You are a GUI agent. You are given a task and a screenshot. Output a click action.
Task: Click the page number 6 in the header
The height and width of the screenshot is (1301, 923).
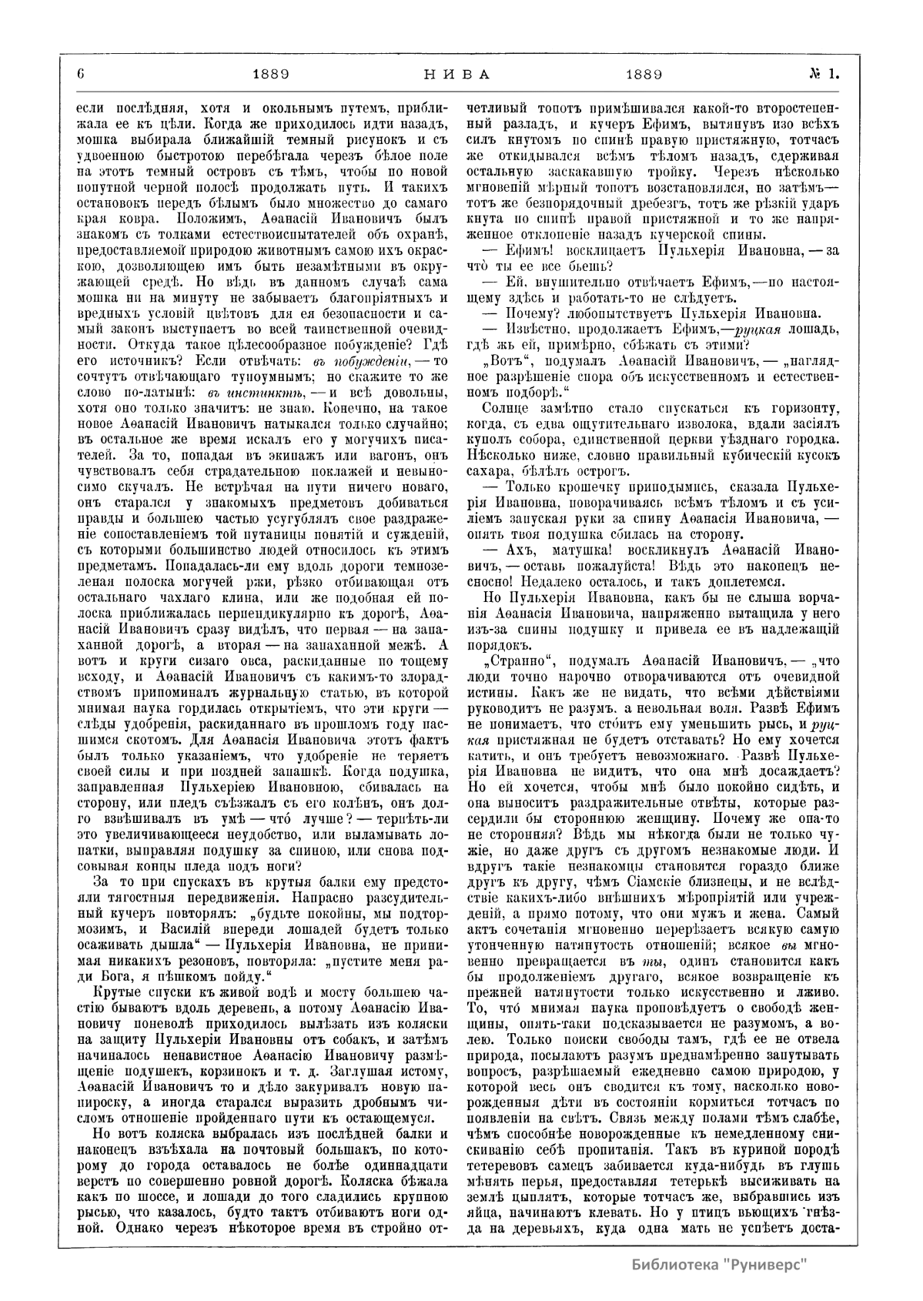(80, 75)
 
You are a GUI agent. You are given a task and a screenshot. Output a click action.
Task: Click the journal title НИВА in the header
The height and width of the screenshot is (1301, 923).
(456, 75)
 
